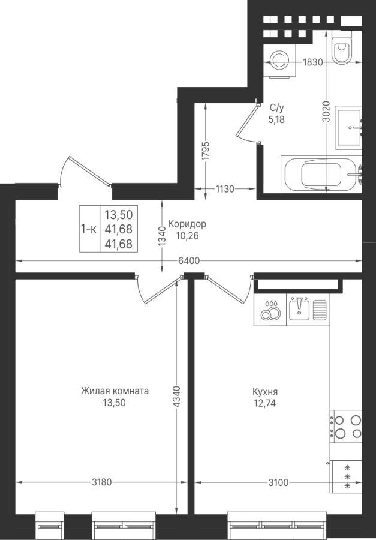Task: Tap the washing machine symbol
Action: tap(280, 61)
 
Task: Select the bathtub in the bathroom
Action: tap(321, 174)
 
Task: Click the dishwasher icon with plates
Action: tap(270, 310)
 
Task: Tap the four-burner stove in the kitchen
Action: tap(346, 427)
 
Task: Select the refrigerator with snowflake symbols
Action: tap(346, 476)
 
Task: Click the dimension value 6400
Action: tap(189, 261)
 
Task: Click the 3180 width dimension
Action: tap(101, 482)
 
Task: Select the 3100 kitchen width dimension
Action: tap(278, 483)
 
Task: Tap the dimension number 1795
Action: tap(206, 151)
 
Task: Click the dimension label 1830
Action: tap(312, 62)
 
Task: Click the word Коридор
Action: tap(187, 224)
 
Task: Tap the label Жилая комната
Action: tap(115, 391)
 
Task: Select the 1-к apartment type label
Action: tap(89, 229)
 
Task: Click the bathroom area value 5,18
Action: tap(276, 119)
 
